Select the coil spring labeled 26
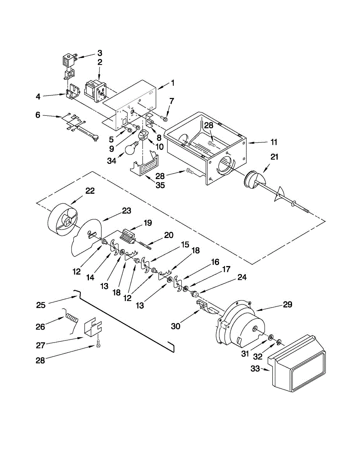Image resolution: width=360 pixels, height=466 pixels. coord(71,321)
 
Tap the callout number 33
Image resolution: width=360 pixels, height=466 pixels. coord(255,369)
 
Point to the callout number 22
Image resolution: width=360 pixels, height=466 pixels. coord(90,191)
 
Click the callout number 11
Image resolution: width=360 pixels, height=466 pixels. coord(274,142)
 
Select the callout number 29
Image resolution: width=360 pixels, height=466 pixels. coord(287,304)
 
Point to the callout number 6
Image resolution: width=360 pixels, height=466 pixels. coord(38,115)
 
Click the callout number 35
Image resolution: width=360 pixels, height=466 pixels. coord(160,185)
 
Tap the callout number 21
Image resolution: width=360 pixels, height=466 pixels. coord(274,157)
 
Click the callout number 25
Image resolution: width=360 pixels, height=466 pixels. coord(41,305)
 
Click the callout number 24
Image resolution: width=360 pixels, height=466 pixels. coord(242,277)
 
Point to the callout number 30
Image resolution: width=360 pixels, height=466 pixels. coord(176,326)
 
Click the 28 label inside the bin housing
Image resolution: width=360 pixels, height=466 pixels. coord(209,125)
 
